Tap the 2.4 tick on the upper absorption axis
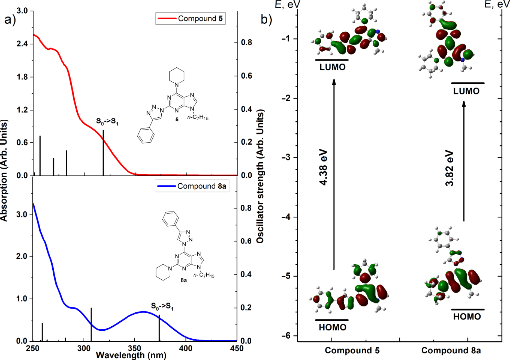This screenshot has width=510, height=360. coord(22,44)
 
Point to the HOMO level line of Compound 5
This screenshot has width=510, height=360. coord(332,320)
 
